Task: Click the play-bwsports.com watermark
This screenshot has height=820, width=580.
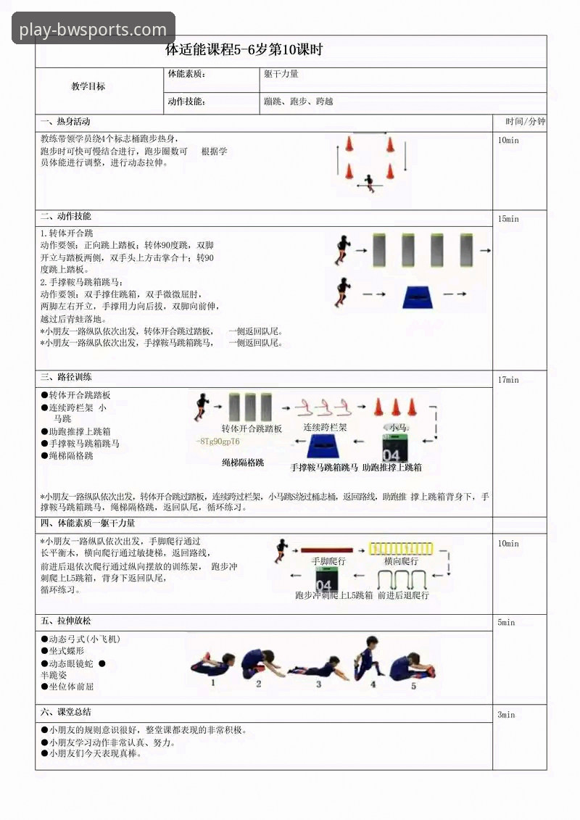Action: [93, 30]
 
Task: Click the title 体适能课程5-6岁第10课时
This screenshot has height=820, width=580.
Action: [244, 50]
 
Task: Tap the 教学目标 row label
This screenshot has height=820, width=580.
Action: [88, 86]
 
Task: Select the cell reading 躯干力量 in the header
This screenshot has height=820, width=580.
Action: [281, 74]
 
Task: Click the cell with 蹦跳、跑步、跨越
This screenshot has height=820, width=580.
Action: [299, 102]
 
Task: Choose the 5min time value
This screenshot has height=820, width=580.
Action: [506, 622]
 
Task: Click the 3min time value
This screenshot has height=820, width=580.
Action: [506, 715]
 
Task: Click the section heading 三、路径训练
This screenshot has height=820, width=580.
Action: [66, 378]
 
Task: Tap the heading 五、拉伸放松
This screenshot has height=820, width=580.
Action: [66, 621]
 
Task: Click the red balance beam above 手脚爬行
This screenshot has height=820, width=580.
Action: [327, 550]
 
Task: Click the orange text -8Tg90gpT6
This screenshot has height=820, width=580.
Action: [217, 442]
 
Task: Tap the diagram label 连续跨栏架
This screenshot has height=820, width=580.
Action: [325, 428]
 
